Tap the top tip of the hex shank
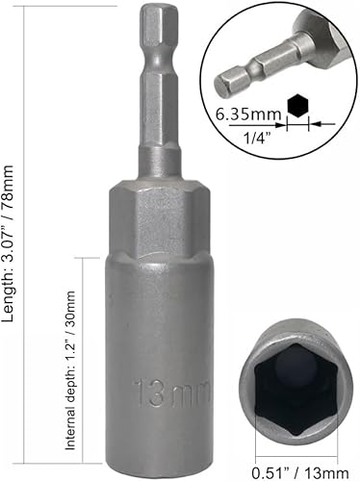[x=156, y=12]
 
